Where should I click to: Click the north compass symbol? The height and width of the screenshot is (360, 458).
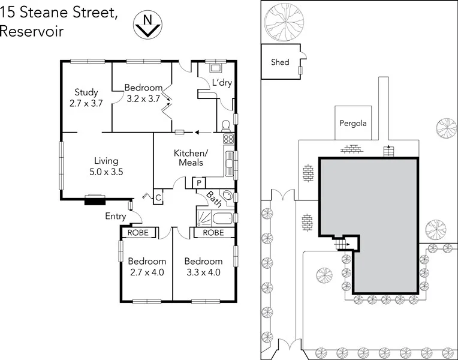coord(146,26)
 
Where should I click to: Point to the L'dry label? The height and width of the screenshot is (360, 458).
coord(221,83)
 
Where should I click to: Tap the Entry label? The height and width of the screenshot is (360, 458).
coord(116,216)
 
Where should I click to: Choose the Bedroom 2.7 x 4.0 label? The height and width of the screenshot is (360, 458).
coord(146,266)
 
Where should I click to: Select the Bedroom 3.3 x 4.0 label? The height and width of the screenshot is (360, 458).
coord(203,266)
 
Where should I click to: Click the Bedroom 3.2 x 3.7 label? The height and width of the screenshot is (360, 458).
coord(143,93)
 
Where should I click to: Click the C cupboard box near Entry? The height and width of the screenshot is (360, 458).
coord(158,197)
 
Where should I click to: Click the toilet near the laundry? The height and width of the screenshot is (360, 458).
coord(226,127)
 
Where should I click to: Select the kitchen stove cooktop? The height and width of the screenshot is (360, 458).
coord(228,139)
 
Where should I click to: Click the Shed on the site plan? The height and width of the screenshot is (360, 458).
coord(281,62)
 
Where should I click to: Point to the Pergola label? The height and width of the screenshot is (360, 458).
coord(352,124)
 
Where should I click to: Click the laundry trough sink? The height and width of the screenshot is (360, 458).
coord(213,68)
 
